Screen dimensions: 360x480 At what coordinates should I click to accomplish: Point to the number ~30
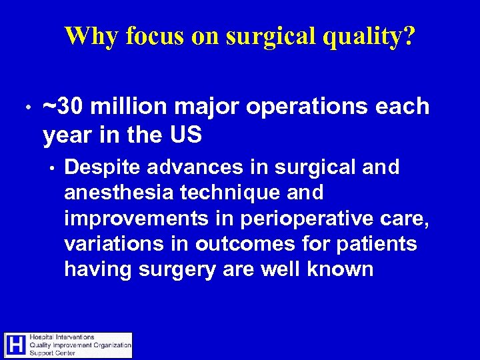click(x=63, y=107)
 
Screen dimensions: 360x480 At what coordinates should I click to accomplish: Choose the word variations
click(x=111, y=244)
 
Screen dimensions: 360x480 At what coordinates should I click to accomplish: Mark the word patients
click(x=377, y=245)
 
